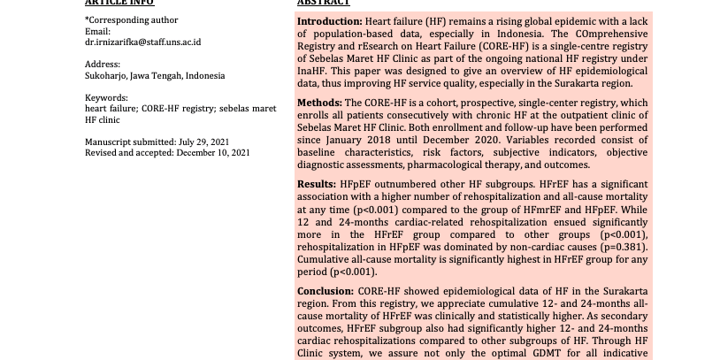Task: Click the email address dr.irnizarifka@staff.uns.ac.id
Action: [142, 42]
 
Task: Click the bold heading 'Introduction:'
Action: [329, 21]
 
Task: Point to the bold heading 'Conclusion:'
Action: [325, 290]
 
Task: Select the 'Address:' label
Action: [103, 65]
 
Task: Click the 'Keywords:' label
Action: [107, 98]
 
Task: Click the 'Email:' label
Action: [97, 32]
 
